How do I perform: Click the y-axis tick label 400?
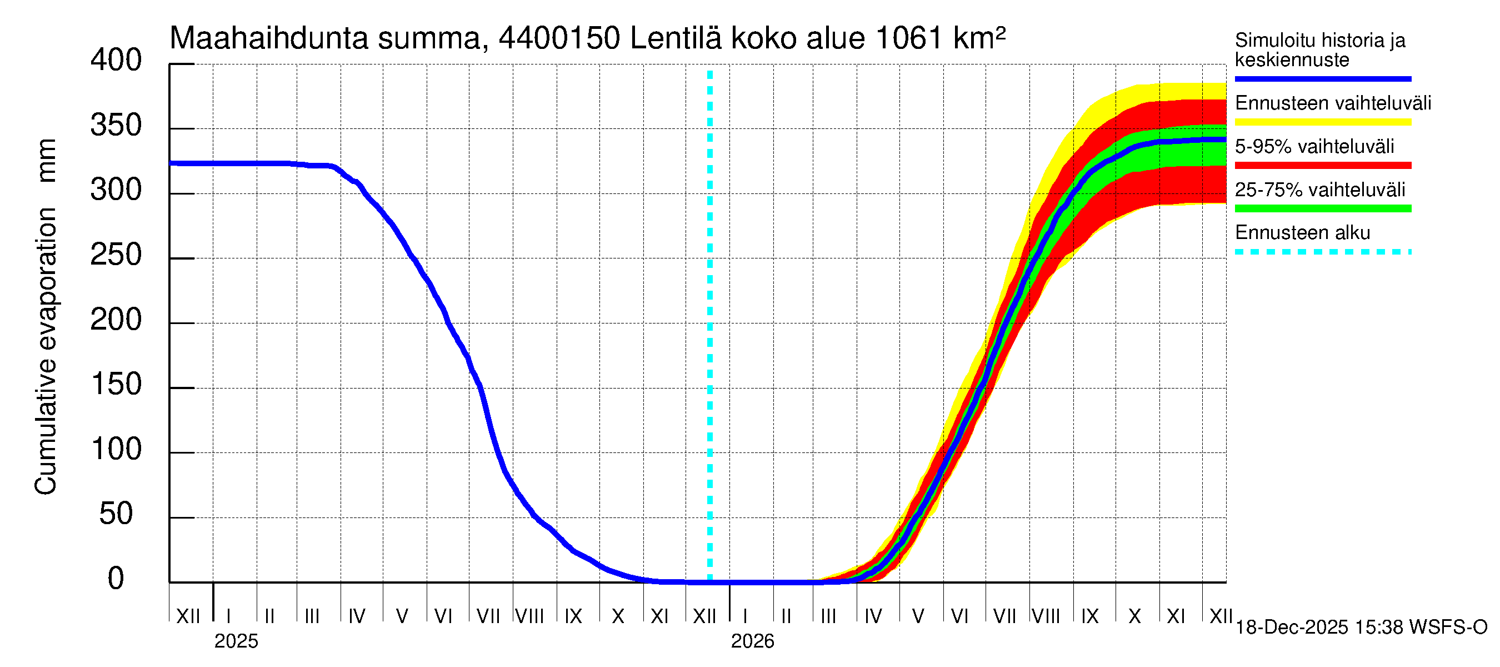(116, 61)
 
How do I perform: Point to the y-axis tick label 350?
(116, 126)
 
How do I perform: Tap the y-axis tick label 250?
(116, 255)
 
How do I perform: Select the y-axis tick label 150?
(116, 385)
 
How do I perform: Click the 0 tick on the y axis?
(116, 579)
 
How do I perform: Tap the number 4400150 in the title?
(559, 39)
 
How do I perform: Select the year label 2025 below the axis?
(236, 641)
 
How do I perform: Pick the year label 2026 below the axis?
(752, 641)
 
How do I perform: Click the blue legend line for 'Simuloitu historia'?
(1322, 78)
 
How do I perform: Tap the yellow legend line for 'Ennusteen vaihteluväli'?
(1322, 122)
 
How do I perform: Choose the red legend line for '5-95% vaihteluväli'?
(1322, 166)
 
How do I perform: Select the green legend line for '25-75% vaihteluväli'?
(1322, 208)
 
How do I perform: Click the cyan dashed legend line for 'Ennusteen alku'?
(1322, 252)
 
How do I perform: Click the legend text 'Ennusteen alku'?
(1302, 233)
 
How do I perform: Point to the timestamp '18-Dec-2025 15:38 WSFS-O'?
(1361, 628)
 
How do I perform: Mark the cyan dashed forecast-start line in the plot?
(710, 326)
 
